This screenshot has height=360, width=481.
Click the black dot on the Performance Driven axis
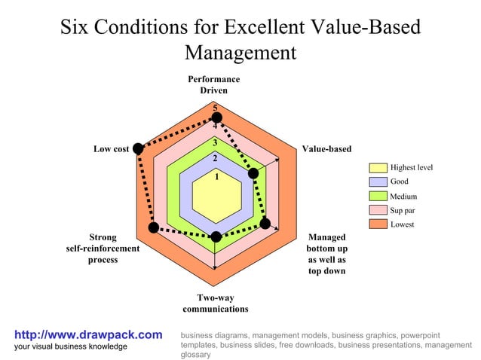pyautogui.click(x=216, y=117)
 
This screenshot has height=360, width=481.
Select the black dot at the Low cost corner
pyautogui.click(x=138, y=149)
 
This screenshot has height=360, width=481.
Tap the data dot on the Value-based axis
pyautogui.click(x=253, y=174)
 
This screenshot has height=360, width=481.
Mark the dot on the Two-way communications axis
pyautogui.click(x=216, y=236)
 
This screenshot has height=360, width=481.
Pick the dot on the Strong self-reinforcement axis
pyautogui.click(x=154, y=227)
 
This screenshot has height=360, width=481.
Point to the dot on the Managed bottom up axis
pyautogui.click(x=265, y=223)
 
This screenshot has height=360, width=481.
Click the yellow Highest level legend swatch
pyautogui.click(x=378, y=167)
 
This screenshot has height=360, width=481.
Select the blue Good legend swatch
pyautogui.click(x=378, y=182)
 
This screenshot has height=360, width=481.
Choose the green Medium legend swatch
pyautogui.click(x=378, y=196)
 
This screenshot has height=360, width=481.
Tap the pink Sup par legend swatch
pyautogui.click(x=378, y=210)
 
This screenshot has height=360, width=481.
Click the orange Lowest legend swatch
pyautogui.click(x=378, y=224)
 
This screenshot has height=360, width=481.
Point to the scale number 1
pyautogui.click(x=216, y=177)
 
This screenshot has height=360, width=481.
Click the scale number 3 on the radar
pyautogui.click(x=215, y=143)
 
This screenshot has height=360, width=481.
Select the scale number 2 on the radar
pyautogui.click(x=215, y=158)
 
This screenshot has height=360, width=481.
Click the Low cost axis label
pyautogui.click(x=112, y=149)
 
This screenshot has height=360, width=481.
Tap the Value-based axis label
pyautogui.click(x=326, y=149)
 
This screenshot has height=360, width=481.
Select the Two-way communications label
pyautogui.click(x=216, y=304)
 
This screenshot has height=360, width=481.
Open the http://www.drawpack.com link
pyautogui.click(x=89, y=334)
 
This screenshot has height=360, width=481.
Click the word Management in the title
pyautogui.click(x=240, y=53)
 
